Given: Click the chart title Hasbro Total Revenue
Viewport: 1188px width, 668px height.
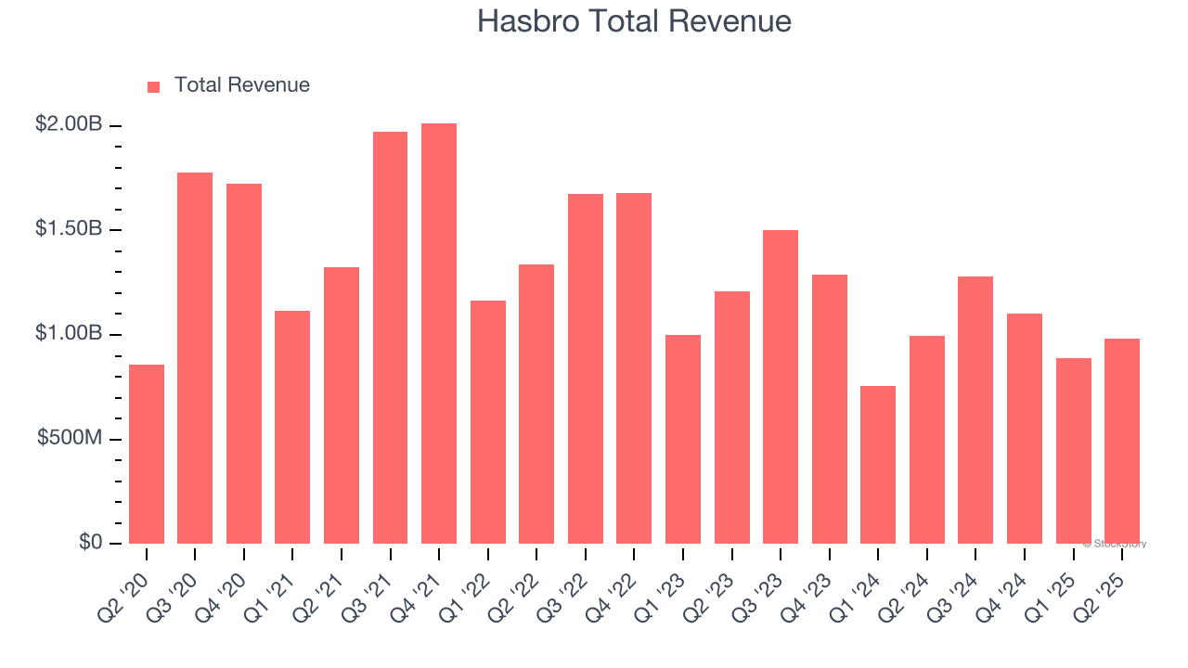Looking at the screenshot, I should [634, 21].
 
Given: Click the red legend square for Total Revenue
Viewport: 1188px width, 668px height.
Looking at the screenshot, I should [154, 86].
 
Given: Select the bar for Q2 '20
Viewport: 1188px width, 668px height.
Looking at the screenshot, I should [147, 454].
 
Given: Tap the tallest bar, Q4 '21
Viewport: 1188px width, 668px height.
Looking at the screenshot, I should [439, 333].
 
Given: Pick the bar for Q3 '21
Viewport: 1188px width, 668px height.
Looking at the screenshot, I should [390, 338].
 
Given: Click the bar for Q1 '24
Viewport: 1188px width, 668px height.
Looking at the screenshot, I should [878, 464].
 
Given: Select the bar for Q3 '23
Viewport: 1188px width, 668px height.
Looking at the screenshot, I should [781, 386].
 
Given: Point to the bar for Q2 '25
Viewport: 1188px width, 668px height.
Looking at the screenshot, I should [1122, 441].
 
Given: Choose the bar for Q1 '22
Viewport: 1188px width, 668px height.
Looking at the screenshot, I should [488, 421].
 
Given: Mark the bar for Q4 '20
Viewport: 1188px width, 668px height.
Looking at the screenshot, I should [244, 363].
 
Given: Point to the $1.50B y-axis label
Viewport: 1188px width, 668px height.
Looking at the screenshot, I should [69, 228].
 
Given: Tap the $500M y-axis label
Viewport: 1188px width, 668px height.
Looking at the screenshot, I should [70, 437].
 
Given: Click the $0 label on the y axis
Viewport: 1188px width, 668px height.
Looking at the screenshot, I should [89, 542].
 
